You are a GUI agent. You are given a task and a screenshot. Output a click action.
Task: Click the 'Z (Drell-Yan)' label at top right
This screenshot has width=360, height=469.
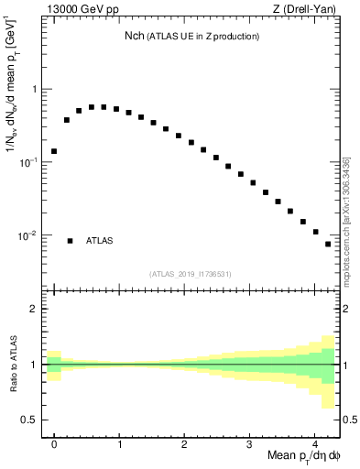309,10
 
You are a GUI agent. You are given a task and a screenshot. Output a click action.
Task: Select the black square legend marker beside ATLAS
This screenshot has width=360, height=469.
70,241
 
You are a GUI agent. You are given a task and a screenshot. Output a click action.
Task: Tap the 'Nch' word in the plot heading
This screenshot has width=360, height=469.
135,36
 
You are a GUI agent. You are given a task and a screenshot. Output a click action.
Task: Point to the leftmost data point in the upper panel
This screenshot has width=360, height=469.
54,151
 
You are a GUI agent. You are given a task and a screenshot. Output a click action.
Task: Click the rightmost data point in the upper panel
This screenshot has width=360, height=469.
328,244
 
